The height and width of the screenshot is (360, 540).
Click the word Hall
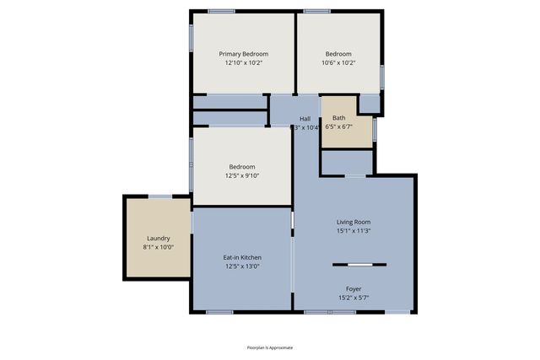pyautogui.click(x=305, y=119)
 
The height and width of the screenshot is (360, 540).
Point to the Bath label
pyautogui.click(x=338, y=118)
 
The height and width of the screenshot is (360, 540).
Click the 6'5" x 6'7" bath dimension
pyautogui.click(x=338, y=127)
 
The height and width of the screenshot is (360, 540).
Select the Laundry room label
pyautogui.click(x=159, y=239)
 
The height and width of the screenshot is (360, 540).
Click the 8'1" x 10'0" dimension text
pyautogui.click(x=159, y=248)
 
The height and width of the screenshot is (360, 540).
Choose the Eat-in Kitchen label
pyautogui.click(x=242, y=257)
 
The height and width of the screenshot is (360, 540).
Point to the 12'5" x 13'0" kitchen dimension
pyautogui.click(x=242, y=266)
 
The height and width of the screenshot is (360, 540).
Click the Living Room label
pyautogui.click(x=354, y=222)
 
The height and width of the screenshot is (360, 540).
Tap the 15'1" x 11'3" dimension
pyautogui.click(x=354, y=231)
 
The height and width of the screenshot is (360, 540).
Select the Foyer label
pyautogui.click(x=354, y=288)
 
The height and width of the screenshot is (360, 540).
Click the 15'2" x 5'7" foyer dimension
pyautogui.click(x=354, y=298)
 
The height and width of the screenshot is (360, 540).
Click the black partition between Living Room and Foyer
pyautogui.click(x=359, y=265)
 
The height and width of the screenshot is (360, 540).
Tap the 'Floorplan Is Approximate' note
pyautogui.click(x=270, y=347)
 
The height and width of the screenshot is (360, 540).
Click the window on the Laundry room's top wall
pyautogui.click(x=160, y=196)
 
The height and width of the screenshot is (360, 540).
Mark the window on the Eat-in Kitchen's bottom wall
pyautogui.click(x=219, y=313)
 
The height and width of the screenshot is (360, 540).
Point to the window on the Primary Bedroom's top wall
pyautogui.click(x=221, y=11)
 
